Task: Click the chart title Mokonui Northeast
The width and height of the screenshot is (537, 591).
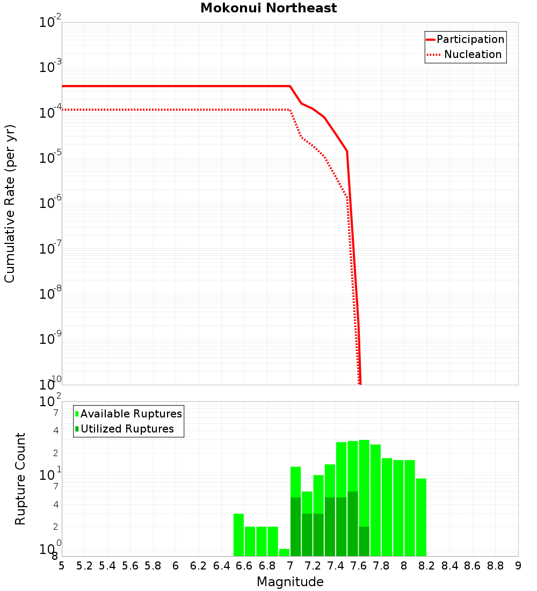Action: point(268,9)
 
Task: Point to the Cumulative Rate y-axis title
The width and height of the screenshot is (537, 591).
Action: point(10,204)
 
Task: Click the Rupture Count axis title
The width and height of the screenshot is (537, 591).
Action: point(20,479)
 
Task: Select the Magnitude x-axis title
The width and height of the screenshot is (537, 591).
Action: point(290,582)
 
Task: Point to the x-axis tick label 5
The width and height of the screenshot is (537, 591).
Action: point(62,566)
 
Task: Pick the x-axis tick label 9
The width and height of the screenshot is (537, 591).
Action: point(518,566)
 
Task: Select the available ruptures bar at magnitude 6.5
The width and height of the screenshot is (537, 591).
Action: point(239,535)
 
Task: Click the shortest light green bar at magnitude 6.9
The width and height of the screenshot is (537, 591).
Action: point(285,552)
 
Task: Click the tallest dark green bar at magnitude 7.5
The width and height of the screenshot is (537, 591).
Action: point(353,524)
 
